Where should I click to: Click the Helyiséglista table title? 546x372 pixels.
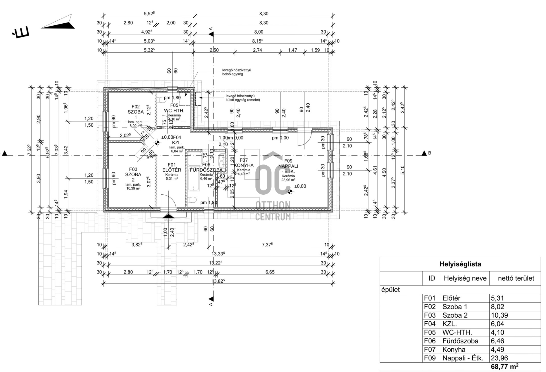[x=460, y=264]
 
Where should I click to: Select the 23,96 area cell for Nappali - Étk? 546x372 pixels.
[x=499, y=358]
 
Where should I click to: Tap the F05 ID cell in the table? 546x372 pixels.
[x=430, y=332]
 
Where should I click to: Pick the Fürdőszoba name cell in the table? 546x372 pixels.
[x=460, y=341]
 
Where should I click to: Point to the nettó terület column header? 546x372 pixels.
[x=516, y=278]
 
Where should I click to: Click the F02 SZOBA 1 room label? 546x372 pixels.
[x=136, y=112]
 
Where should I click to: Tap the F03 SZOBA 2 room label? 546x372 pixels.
[x=133, y=174]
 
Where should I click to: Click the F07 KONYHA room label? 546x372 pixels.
[x=244, y=163]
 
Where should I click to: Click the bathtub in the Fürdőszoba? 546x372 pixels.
[x=195, y=171]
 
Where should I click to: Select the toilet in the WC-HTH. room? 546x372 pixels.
[x=162, y=100]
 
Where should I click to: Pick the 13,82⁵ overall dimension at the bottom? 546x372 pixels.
[x=218, y=281]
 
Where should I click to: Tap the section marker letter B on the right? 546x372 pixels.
[x=429, y=153]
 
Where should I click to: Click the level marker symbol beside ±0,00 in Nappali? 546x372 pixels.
[x=290, y=192]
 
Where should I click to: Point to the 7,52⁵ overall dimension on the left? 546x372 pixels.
[x=28, y=150]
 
